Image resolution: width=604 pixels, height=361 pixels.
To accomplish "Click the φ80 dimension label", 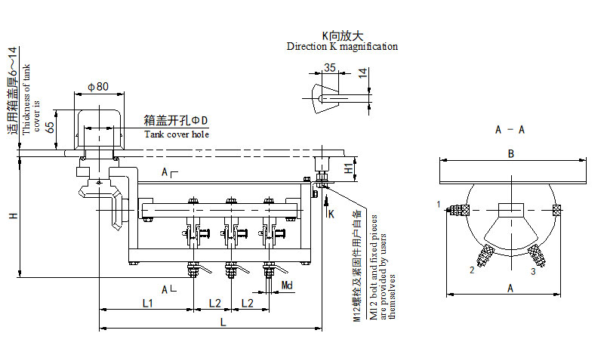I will pos(99,86).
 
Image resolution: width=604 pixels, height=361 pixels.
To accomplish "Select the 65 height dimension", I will pos(51,127).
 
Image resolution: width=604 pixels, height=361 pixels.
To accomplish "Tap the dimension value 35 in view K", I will pos(328,68).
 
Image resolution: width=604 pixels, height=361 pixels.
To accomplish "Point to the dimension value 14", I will pos(363,73).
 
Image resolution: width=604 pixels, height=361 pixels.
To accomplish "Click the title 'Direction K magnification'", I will pos(342,47).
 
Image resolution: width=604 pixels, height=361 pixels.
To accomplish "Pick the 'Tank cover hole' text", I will pos(176,134).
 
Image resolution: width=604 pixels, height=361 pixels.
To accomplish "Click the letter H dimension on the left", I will pos(13,217).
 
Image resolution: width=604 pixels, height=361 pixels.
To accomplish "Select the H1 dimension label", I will pos(348,168).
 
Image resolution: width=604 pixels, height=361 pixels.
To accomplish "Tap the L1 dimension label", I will pos(148,303).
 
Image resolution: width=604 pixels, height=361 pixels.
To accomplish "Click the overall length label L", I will pos(223,322).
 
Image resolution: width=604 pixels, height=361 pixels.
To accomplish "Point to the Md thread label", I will pos(287,284).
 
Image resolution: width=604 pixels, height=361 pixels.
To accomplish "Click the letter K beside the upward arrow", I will pos(331,214).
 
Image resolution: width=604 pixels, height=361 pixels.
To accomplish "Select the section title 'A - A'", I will pos(510,130).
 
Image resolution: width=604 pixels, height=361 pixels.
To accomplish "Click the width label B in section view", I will pos(511,154).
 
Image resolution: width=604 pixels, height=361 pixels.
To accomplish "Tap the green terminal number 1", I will pos(438,204).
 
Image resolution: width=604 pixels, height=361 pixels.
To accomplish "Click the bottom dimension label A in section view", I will pos(511,288).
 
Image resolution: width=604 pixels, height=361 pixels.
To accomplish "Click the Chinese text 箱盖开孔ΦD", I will pos(175,121).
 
